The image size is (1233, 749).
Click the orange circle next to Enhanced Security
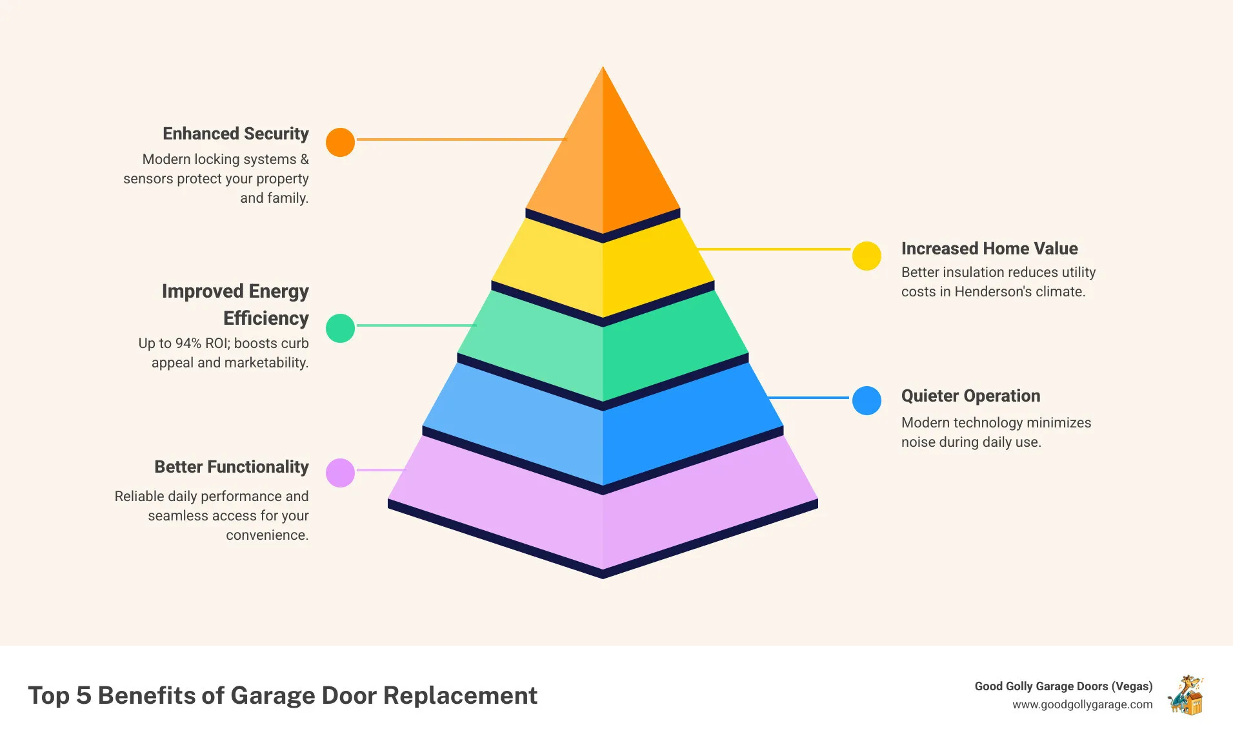[340, 142]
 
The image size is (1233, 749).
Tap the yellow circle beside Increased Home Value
[867, 256]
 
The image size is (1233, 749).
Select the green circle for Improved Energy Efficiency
[340, 328]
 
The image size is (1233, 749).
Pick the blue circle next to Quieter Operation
[867, 400]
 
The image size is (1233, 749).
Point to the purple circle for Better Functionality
[340, 473]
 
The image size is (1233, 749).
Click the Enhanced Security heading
[236, 134]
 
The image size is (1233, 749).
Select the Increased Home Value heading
[989, 249]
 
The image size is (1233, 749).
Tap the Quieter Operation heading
[970, 396]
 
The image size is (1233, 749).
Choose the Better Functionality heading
[231, 467]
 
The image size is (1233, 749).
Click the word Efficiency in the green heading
[266, 318]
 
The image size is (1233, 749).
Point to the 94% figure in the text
[188, 344]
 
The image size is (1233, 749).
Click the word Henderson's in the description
[994, 292]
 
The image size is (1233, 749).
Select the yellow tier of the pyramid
[603, 271]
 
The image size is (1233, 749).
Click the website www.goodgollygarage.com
[1082, 704]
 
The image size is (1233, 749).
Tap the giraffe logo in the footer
[1186, 695]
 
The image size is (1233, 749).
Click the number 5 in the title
[83, 695]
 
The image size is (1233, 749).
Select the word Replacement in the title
[460, 695]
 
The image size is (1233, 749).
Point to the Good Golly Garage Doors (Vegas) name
[1063, 686]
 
